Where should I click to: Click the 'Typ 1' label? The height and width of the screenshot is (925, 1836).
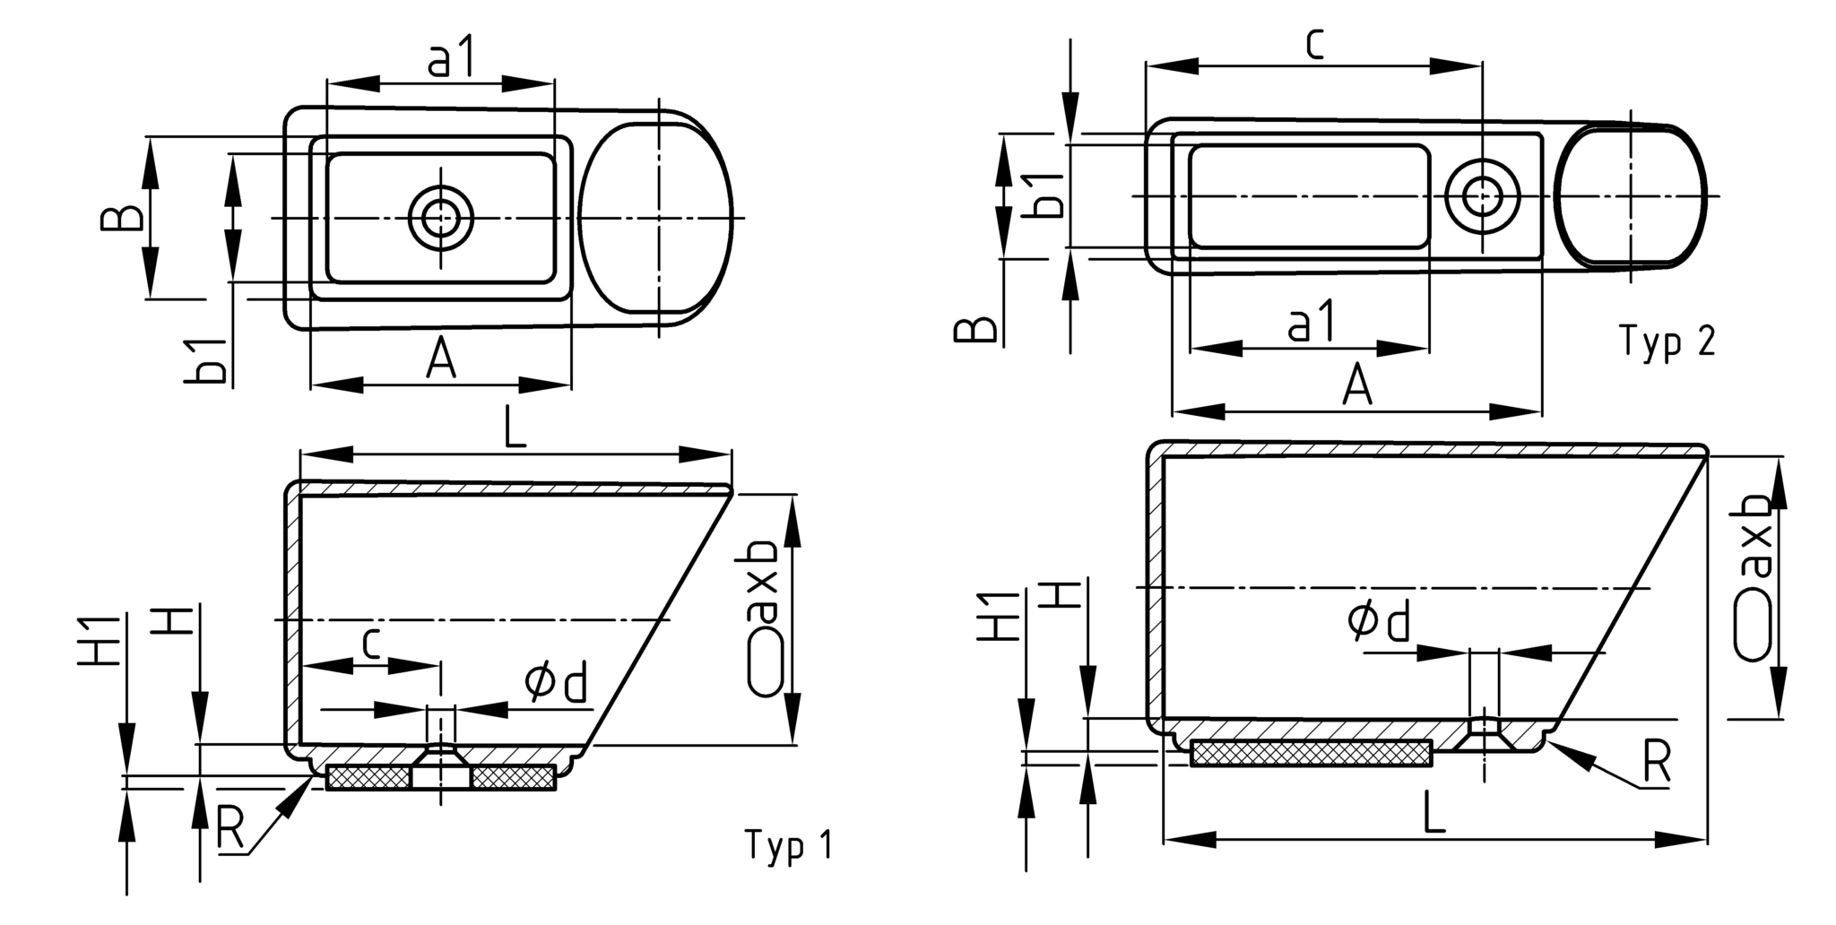click(788, 844)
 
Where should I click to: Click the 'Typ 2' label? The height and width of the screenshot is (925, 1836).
click(1668, 341)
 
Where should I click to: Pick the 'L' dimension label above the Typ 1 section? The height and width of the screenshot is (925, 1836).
click(514, 430)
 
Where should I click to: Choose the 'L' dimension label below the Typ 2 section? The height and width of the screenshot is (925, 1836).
click(1434, 815)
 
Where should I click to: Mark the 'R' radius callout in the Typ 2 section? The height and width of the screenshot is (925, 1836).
click(1657, 763)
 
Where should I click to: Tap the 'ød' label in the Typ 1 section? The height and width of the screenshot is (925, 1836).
click(557, 683)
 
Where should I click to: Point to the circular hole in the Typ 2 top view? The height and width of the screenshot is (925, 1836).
click(1482, 195)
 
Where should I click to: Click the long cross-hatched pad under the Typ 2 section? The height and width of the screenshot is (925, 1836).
click(1311, 754)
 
